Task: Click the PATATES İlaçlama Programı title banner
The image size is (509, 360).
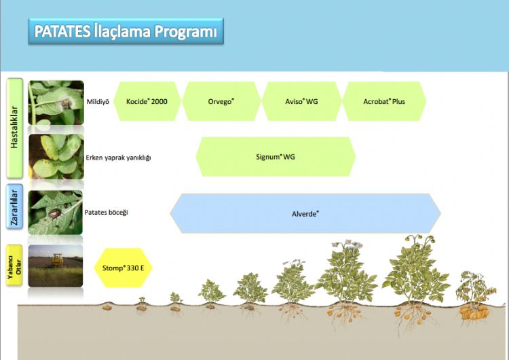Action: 126,31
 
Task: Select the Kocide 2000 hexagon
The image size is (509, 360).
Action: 147,101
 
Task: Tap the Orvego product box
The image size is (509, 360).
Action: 221,101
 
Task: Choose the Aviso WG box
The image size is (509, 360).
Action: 301,101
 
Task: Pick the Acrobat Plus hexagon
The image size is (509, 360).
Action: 384,101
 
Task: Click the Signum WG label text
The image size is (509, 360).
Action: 276,157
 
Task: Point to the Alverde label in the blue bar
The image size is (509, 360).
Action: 305,214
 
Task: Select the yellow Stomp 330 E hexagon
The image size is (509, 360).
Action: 123,268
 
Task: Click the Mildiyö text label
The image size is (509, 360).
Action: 98,102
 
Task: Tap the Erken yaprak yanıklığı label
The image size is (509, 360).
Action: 118,158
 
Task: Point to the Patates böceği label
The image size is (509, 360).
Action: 106,212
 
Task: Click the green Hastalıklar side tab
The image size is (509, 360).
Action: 15,128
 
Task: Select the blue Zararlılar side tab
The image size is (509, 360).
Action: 15,206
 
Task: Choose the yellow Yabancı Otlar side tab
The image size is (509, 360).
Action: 15,266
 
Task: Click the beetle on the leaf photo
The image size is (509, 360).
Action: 54,213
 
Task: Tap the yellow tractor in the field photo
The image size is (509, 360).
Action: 58,260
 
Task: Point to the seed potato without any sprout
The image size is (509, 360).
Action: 107,307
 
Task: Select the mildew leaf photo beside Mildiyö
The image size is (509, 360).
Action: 56,103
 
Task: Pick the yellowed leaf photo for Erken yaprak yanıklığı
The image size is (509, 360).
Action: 56,157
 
